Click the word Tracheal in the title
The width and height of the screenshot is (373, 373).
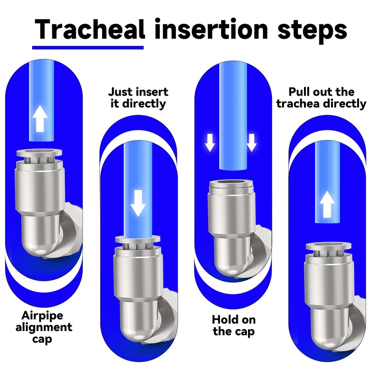[90, 29]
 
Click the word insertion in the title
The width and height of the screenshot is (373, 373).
[211, 29]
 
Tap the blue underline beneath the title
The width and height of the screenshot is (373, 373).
[88, 48]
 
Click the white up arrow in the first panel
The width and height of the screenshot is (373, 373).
[40, 118]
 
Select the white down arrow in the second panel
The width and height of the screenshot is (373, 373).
[138, 203]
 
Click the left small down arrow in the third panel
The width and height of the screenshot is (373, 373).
[210, 143]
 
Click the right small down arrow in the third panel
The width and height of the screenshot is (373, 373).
[252, 143]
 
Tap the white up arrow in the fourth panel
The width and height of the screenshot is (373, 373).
[327, 204]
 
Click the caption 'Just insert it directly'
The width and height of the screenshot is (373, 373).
[138, 98]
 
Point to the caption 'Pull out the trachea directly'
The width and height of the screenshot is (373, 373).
[321, 98]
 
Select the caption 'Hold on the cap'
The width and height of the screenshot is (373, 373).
[234, 325]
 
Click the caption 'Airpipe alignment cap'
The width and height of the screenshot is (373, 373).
[44, 327]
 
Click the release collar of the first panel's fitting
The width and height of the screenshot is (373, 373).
[39, 153]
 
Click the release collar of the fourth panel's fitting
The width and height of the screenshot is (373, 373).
[329, 246]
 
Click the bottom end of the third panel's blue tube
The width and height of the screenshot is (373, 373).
[233, 168]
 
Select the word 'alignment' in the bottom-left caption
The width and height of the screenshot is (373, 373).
[44, 328]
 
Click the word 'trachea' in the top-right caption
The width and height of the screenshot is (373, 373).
[298, 104]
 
